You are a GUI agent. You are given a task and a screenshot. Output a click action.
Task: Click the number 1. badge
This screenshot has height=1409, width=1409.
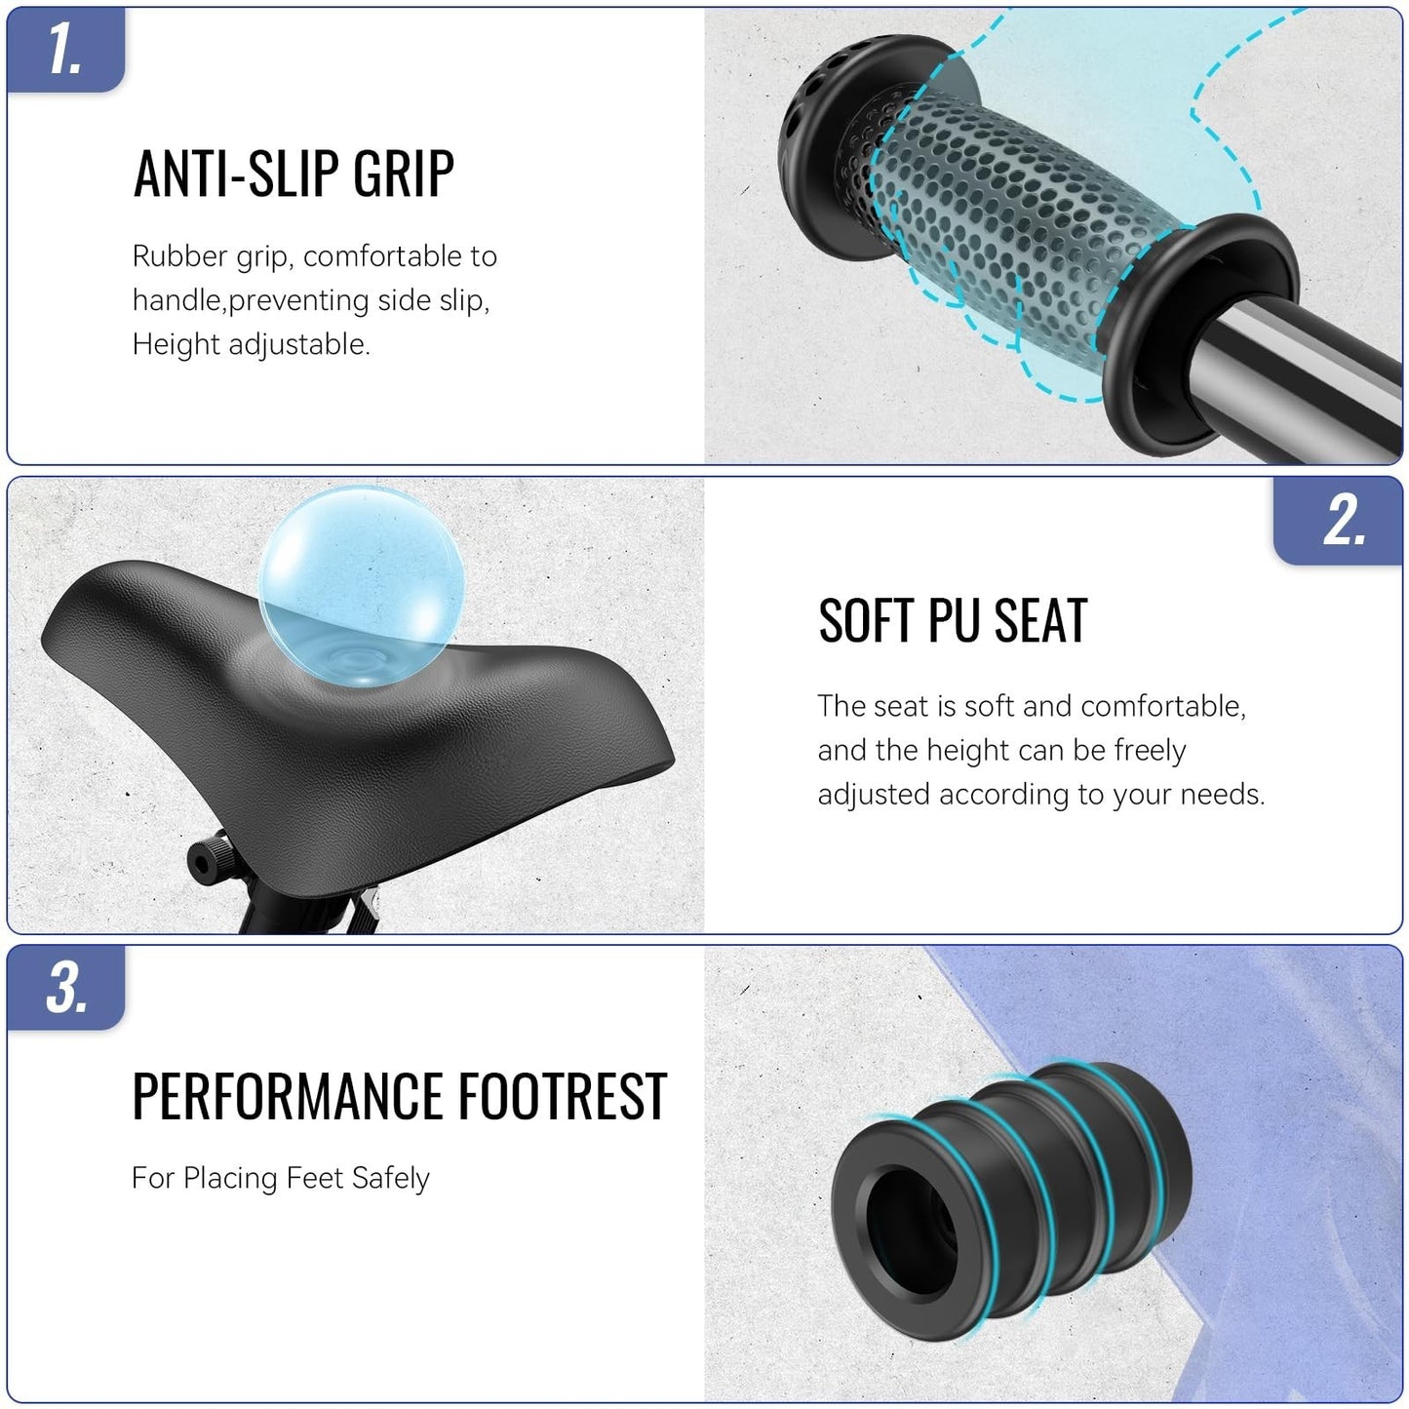[x=65, y=50]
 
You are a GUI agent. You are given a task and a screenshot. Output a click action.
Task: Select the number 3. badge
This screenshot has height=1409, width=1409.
[x=65, y=987]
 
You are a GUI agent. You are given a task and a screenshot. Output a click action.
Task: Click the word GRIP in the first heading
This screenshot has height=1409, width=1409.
[x=403, y=174]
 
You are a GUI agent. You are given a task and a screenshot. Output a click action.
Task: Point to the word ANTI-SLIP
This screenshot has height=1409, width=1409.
[x=237, y=174]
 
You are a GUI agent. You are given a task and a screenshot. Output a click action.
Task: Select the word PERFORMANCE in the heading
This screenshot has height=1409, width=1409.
[x=288, y=1095]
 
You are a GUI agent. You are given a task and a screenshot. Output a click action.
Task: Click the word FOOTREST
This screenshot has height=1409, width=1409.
[x=563, y=1095]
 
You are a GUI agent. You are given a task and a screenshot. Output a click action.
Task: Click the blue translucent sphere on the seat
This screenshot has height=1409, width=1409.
[x=362, y=586]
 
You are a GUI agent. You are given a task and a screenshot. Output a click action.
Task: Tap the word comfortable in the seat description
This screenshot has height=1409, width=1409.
[x=1162, y=707]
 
